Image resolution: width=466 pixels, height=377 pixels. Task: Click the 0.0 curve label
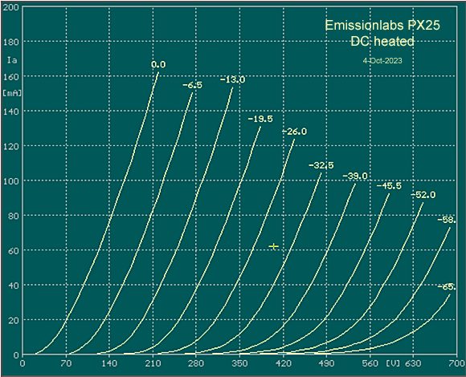click(158, 64)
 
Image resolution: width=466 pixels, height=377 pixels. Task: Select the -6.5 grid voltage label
click(192, 84)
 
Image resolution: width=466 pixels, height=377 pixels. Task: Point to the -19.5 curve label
click(260, 119)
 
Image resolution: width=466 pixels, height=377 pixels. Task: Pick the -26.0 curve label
click(293, 131)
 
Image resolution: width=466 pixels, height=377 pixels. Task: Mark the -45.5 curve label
click(390, 186)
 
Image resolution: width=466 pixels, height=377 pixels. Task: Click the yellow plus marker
click(274, 246)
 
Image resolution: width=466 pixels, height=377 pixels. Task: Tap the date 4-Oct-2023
click(382, 60)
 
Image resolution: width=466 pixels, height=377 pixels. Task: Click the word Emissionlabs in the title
click(358, 26)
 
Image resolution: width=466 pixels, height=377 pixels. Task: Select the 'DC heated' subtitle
click(382, 41)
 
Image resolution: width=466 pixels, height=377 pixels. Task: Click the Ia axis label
click(11, 59)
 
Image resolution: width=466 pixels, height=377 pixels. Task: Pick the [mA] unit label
click(11, 93)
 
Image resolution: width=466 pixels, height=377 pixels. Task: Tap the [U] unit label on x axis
click(393, 364)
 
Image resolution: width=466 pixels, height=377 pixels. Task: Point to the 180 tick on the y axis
click(11, 41)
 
